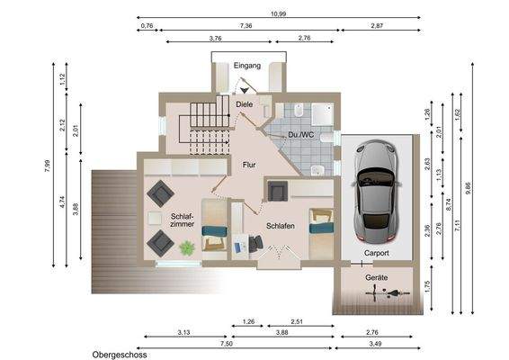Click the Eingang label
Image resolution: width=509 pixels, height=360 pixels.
coord(246,66)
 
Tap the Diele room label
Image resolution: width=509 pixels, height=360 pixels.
coord(244,105)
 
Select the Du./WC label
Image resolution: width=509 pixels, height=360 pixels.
coord(299,135)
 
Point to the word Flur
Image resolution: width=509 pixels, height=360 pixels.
coord(250,165)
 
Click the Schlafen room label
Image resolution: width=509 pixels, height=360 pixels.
coord(281,227)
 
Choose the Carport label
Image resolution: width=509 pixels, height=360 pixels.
coord(376,255)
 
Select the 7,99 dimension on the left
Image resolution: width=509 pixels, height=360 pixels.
coord(48,165)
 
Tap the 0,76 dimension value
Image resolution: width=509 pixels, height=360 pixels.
coord(147,27)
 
